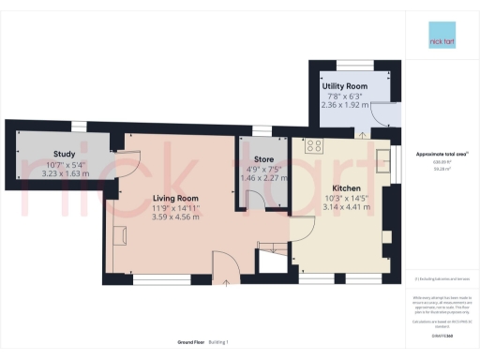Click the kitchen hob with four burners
(x=313, y=146)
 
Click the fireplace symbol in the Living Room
(x=120, y=234)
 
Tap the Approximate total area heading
(x=441, y=154)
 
